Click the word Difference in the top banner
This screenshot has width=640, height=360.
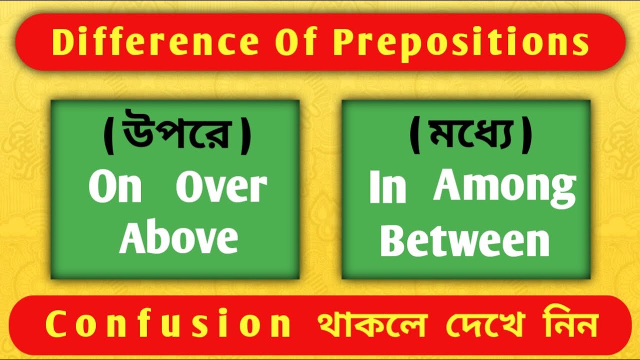click(x=155, y=42)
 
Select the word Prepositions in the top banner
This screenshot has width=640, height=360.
click(x=460, y=43)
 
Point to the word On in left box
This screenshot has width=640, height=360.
click(x=115, y=188)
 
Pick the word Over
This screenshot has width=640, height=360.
click(x=221, y=188)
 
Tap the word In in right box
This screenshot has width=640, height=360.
click(x=387, y=188)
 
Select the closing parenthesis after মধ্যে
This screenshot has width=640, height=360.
click(x=526, y=138)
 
